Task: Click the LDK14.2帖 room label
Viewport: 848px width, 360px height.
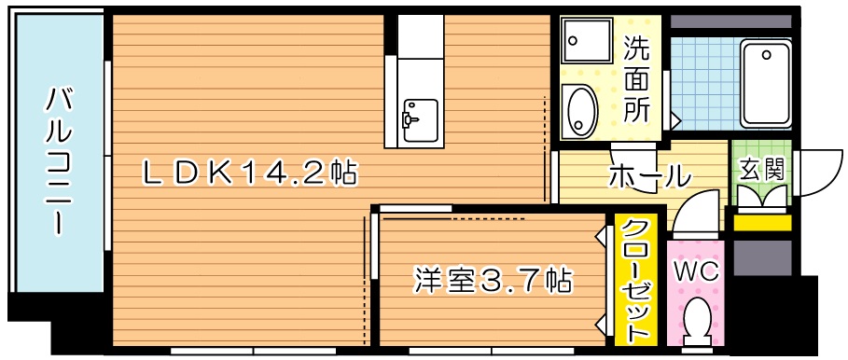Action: pyautogui.click(x=247, y=173)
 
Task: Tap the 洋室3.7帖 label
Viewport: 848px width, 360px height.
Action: pyautogui.click(x=493, y=279)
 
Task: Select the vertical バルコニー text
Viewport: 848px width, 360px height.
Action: pyautogui.click(x=59, y=159)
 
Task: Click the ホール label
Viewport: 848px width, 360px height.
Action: pyautogui.click(x=649, y=175)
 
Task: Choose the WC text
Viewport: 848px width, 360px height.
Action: pyautogui.click(x=696, y=272)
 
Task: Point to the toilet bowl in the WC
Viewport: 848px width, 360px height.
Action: pyautogui.click(x=696, y=322)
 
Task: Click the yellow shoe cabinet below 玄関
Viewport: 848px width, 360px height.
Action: pyautogui.click(x=760, y=222)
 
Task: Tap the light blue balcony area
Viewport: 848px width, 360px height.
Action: pyautogui.click(x=59, y=159)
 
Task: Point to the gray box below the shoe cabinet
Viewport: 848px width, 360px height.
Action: pyautogui.click(x=760, y=256)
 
